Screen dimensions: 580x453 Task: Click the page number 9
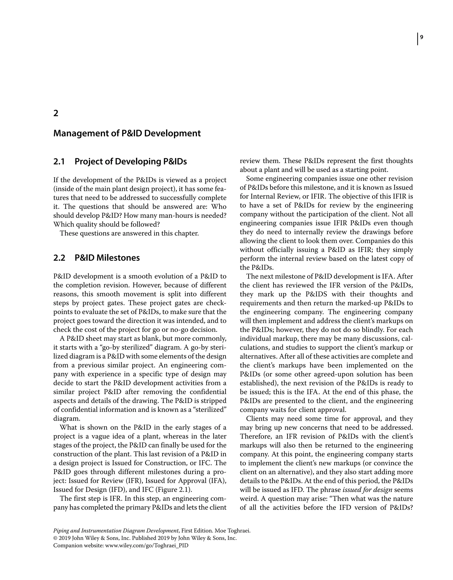[x=422, y=37]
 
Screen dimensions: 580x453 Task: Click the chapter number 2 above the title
[x=56, y=113]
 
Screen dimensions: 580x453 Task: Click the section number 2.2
[x=59, y=258]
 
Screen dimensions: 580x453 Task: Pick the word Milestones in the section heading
[x=118, y=258]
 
